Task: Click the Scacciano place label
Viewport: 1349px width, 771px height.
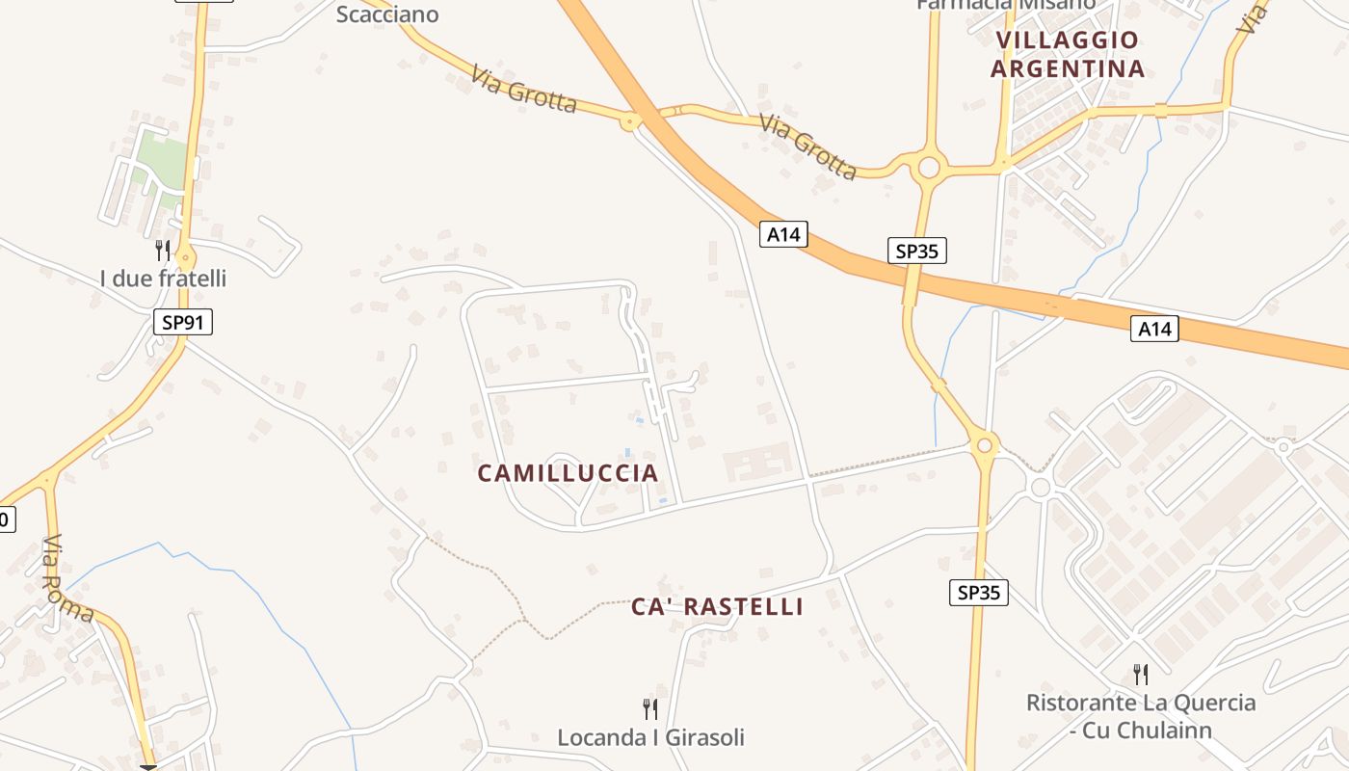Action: [387, 13]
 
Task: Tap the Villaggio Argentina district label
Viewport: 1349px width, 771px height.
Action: [1068, 55]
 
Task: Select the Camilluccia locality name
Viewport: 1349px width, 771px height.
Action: [569, 473]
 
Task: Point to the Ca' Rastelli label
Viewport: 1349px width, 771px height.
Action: [717, 607]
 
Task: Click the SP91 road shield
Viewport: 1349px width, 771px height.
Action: [182, 322]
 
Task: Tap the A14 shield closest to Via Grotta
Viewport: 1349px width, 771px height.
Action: [782, 234]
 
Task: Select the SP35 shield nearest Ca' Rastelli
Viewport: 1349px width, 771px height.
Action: [979, 593]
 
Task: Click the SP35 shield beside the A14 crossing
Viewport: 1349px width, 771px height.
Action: [916, 252]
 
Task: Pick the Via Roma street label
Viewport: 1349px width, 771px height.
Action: [68, 577]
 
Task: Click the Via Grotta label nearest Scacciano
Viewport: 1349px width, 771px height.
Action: [524, 89]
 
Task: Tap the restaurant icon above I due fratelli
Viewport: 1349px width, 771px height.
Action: [163, 251]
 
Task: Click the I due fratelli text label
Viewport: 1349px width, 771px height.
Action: [163, 279]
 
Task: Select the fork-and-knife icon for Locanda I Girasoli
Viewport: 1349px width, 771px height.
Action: [650, 709]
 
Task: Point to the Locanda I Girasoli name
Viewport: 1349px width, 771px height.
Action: [650, 738]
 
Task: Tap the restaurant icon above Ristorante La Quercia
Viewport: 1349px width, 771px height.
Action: [1141, 674]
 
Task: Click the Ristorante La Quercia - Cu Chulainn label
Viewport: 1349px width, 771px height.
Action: [1141, 716]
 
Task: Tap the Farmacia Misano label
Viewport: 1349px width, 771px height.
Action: [1005, 5]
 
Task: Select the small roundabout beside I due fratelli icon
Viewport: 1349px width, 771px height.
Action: [185, 258]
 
